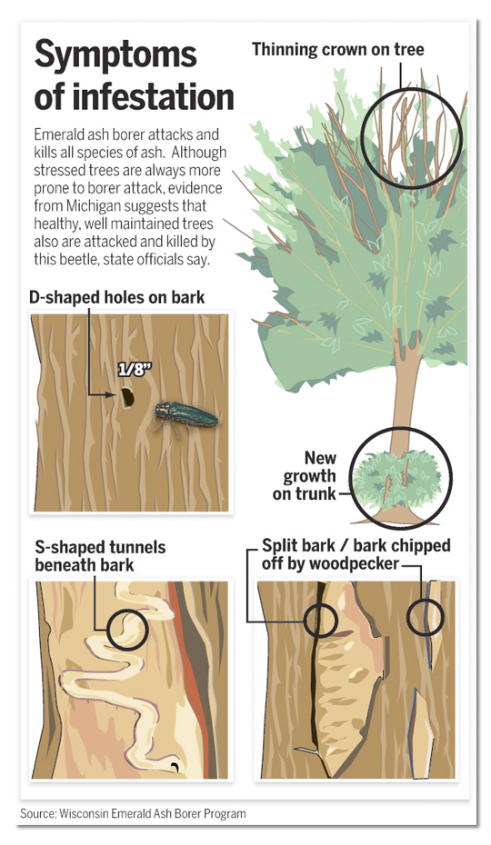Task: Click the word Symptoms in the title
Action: pos(115,55)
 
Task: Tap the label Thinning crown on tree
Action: pos(337,49)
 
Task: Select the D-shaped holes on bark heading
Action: pos(116,297)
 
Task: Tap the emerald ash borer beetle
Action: pos(186,415)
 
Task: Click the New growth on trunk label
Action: pos(308,475)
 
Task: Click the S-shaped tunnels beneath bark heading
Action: pos(100,556)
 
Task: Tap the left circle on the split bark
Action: pos(320,620)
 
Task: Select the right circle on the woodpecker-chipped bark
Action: pos(425,618)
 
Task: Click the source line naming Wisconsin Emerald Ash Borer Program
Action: pos(133,813)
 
